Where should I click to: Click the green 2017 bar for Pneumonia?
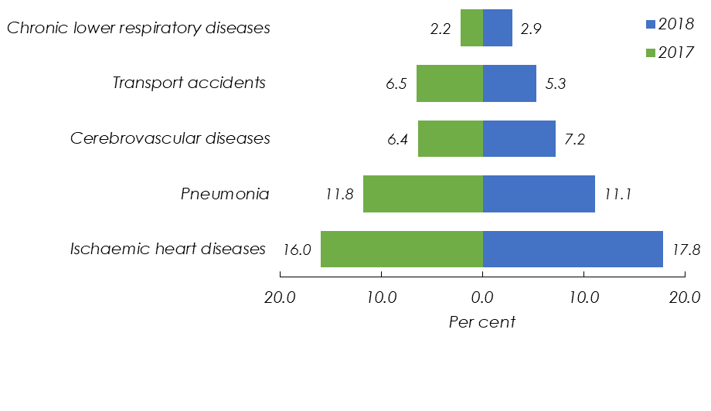423,194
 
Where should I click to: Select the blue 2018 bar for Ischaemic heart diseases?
573,249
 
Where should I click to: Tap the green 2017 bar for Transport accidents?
450,83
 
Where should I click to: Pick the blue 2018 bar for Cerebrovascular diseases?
519,138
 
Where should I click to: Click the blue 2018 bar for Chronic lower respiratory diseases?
498,28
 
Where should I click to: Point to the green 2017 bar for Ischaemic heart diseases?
402,249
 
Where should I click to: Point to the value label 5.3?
556,84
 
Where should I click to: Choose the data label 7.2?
576,140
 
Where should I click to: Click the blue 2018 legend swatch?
649,24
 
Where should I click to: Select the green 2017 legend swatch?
649,53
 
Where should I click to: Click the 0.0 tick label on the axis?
483,297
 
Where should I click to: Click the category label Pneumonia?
225,194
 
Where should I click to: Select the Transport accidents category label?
189,83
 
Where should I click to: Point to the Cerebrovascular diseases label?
170,138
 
